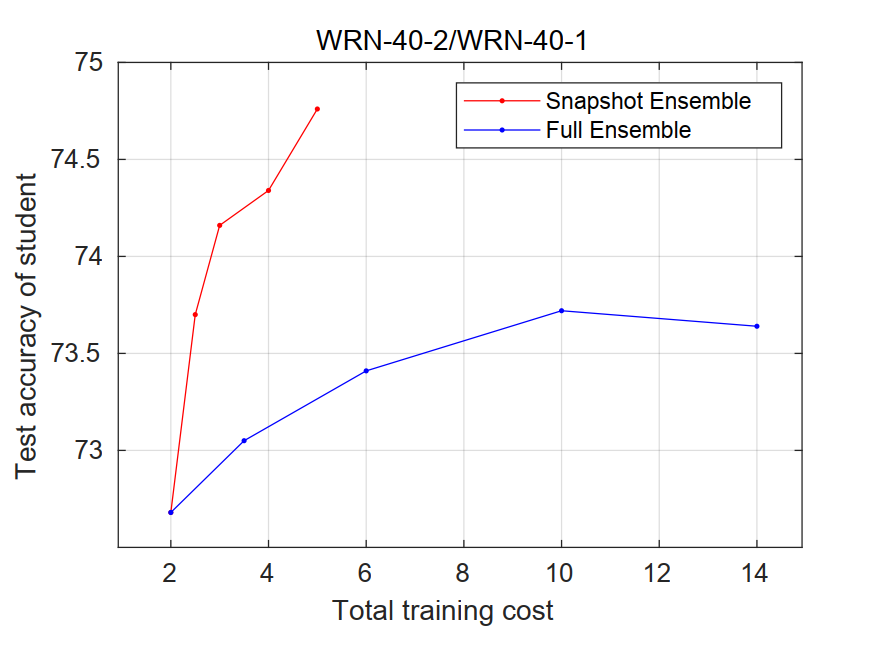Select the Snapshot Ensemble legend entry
click(x=647, y=101)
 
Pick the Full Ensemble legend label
click(x=617, y=130)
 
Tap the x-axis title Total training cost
click(x=442, y=611)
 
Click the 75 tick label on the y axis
click(x=89, y=63)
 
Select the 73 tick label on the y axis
click(x=89, y=451)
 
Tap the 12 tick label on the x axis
click(x=659, y=574)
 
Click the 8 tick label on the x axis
click(x=464, y=574)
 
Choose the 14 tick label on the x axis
click(x=756, y=574)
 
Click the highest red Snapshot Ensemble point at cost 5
click(x=317, y=109)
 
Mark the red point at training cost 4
click(x=268, y=190)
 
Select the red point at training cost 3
click(x=219, y=225)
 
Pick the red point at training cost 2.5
click(x=195, y=314)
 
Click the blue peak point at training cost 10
click(x=561, y=310)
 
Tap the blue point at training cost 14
click(x=757, y=326)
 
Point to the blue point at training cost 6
click(x=366, y=371)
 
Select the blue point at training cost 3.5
click(x=244, y=440)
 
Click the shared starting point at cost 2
click(x=171, y=512)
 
